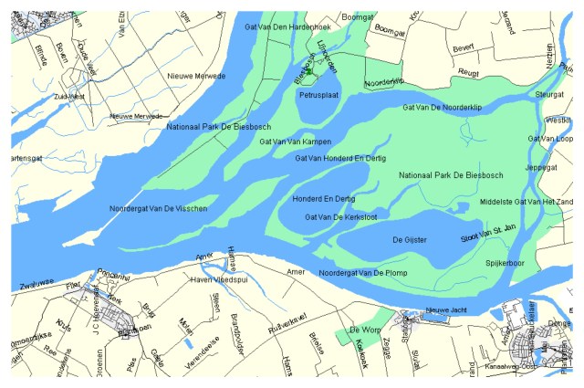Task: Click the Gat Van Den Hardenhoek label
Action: coord(287,26)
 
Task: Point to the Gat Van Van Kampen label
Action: coord(295,142)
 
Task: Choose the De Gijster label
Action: coord(410,239)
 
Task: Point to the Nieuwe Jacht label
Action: coord(446,309)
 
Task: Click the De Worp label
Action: coord(364,329)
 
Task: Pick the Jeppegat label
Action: coord(541,168)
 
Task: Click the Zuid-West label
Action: coord(68,94)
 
